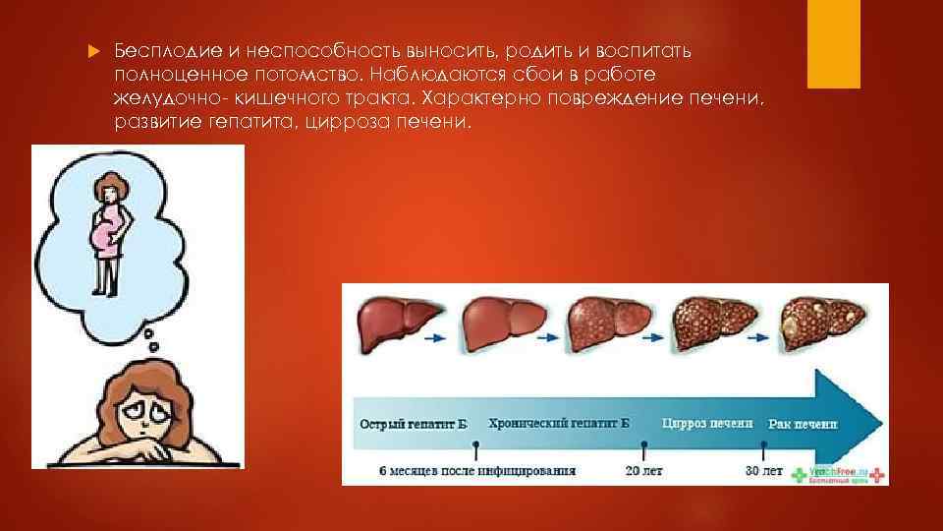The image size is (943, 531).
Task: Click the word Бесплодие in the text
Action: pos(154,50)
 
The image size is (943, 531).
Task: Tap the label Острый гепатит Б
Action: pos(413,424)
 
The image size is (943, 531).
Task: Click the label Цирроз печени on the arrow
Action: pos(707,424)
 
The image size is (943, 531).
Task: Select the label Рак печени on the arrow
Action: pos(803,424)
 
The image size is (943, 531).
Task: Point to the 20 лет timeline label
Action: pos(644,470)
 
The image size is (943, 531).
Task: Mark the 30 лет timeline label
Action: pos(763,470)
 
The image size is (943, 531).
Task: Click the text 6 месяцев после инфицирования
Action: pos(476,470)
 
